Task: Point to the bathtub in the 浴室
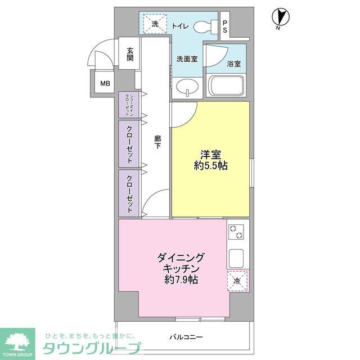point(228,86)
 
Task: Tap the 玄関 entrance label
point(130,54)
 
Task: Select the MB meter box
point(105,84)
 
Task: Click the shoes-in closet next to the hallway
point(129,104)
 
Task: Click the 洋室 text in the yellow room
point(210,154)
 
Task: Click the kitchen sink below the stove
point(236,258)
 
